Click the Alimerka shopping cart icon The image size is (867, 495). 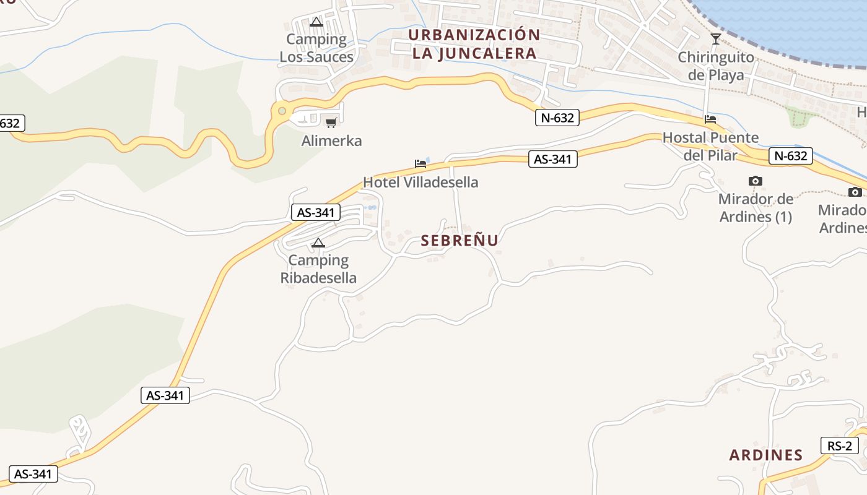tap(331, 123)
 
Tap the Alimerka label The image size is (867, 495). tap(331, 141)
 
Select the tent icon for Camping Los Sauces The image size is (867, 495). tap(316, 22)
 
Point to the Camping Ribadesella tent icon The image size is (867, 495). tap(318, 243)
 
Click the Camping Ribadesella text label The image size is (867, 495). tap(318, 269)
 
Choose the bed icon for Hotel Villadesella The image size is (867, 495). tap(420, 164)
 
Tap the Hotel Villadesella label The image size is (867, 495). tap(420, 183)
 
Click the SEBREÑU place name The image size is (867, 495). tap(460, 241)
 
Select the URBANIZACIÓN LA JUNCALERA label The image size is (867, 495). tap(474, 44)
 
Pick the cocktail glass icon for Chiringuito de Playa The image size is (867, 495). tap(715, 39)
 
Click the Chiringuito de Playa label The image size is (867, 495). tap(716, 66)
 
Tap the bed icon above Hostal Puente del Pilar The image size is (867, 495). tap(710, 119)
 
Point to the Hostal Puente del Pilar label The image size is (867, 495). tap(710, 146)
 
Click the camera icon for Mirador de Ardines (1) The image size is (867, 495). tap(755, 181)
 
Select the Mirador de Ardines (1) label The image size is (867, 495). tap(756, 209)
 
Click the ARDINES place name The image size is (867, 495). tap(766, 455)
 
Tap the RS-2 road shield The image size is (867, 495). tap(840, 445)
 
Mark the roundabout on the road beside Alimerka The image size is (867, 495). tap(282, 111)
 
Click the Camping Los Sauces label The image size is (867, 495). tap(316, 48)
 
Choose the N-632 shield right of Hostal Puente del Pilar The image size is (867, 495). tap(791, 156)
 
